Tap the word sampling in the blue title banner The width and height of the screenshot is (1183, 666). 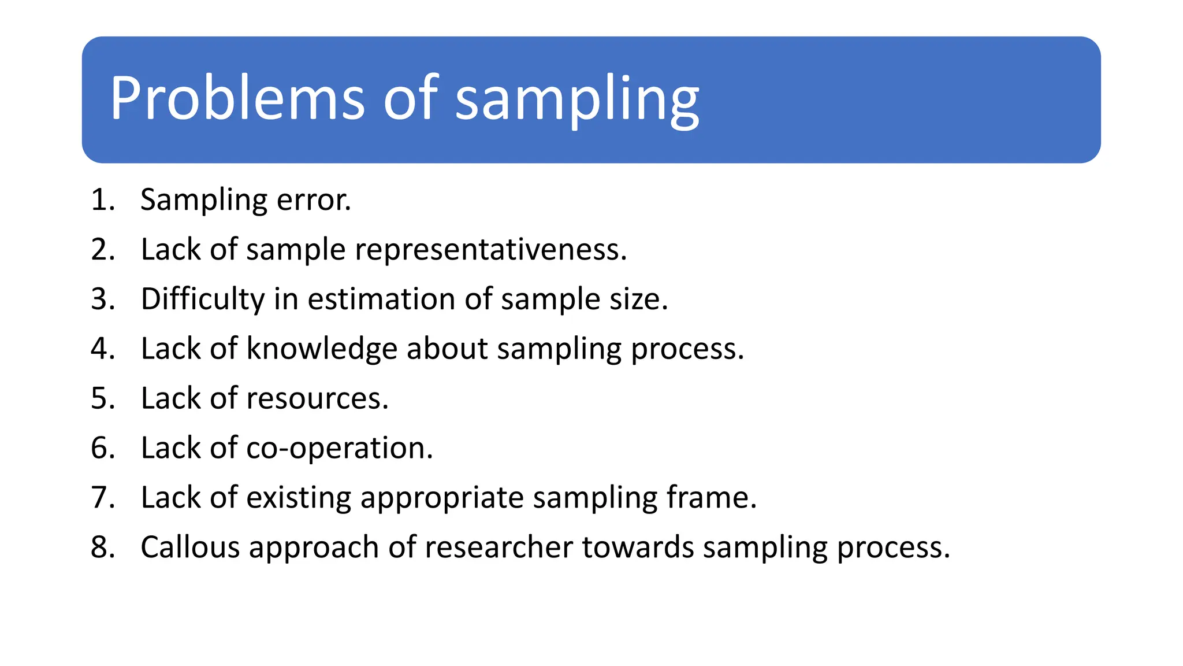577,101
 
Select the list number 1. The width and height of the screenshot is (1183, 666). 103,200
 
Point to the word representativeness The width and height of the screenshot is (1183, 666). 490,250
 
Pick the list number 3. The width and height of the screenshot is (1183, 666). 103,299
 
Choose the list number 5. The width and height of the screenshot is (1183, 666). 103,399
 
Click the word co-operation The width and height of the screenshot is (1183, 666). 339,449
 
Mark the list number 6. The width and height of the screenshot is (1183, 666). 103,449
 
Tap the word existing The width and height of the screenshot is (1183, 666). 298,498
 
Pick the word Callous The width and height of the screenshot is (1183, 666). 190,547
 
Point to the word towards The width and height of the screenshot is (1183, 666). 638,547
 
